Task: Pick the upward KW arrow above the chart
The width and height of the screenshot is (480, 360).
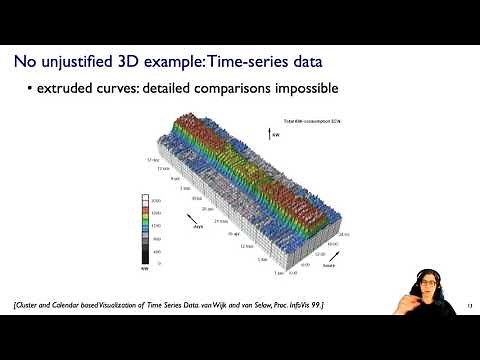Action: [x=268, y=130]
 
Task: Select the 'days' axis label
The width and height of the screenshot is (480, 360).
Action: [x=198, y=227]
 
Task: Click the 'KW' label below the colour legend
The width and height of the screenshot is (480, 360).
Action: [x=145, y=269]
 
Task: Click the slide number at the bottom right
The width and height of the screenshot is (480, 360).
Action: [x=469, y=304]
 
